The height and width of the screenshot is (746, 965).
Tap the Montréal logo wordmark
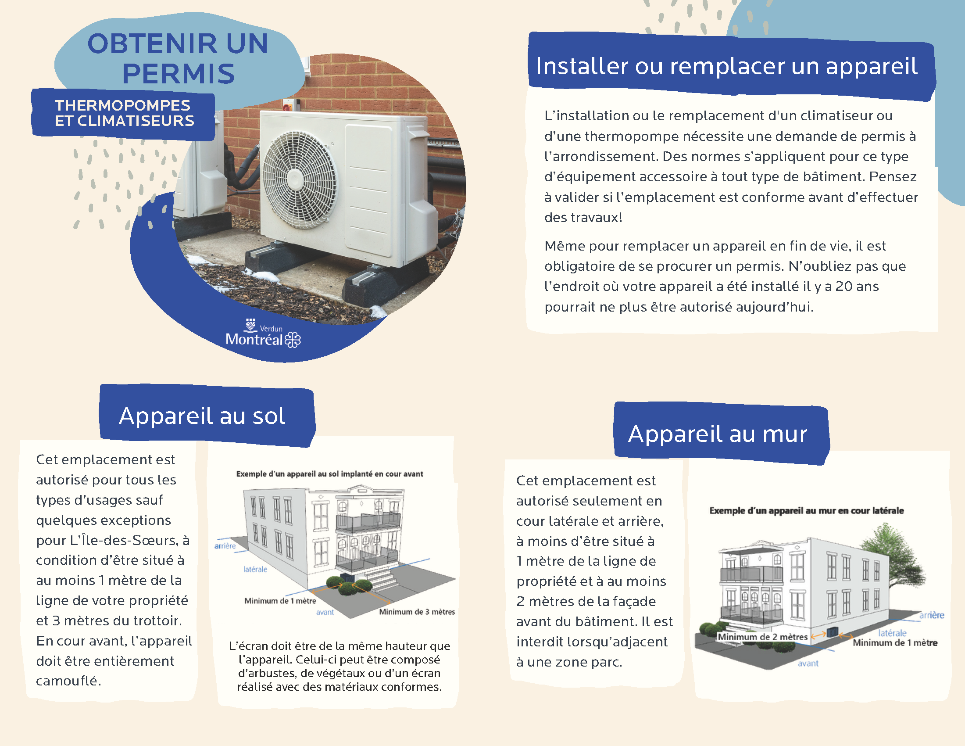254,339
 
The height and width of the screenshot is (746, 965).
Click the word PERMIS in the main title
179,73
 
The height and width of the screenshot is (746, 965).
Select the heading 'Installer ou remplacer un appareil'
726,66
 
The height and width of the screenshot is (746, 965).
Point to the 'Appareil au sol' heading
202,416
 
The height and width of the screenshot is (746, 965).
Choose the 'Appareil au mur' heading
718,434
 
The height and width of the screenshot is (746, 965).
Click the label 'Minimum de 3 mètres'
417,612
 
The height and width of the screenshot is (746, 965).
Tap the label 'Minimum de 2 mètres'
762,637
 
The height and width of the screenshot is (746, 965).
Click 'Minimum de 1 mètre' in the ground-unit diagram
280,601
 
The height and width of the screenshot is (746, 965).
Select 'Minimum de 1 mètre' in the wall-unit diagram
895,642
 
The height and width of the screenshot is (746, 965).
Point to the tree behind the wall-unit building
895,560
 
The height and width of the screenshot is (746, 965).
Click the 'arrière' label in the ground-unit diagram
225,546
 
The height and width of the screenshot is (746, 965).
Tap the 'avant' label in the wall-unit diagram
808,664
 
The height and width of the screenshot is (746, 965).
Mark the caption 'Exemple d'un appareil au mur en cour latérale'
806,510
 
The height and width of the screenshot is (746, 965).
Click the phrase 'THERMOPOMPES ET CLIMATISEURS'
124,113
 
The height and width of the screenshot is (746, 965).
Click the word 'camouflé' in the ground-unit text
68,681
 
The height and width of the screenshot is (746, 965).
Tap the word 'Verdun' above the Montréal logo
271,329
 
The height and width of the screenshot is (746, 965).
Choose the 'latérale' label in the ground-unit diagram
255,569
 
